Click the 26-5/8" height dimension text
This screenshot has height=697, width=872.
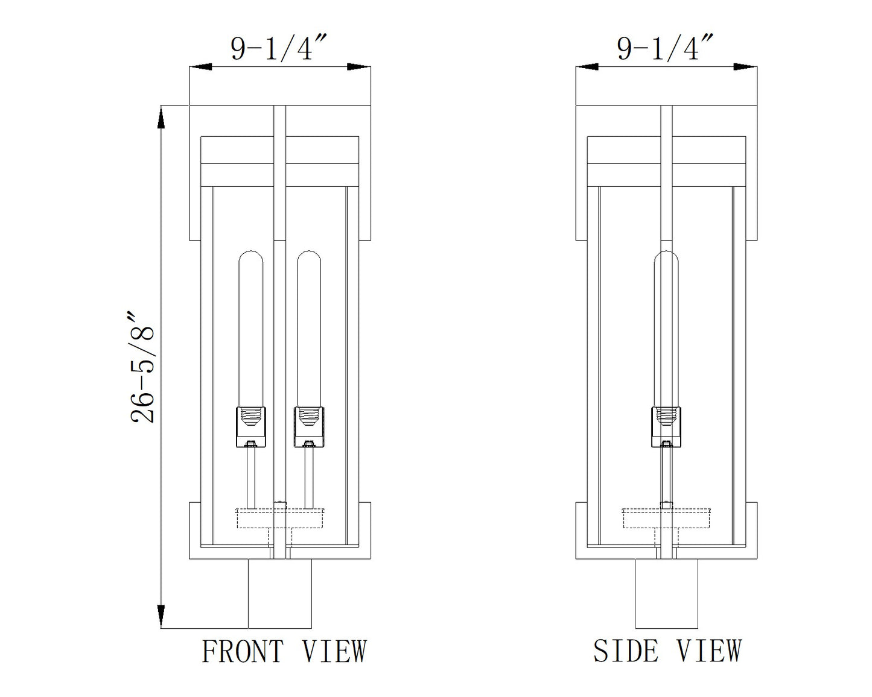(x=142, y=368)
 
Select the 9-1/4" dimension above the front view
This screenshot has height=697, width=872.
(x=279, y=48)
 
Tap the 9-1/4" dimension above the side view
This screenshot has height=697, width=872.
(x=665, y=48)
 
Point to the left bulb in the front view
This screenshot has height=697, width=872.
(x=251, y=329)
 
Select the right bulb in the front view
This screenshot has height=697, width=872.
(x=309, y=329)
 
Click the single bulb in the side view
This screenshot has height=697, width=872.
(x=666, y=329)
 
